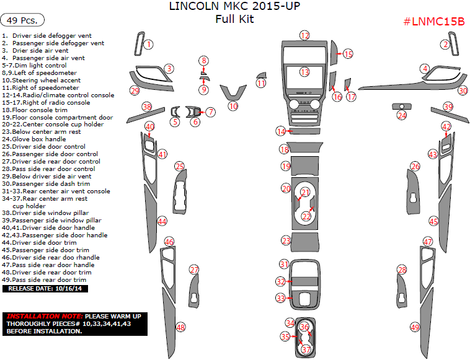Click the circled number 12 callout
pos(304,35)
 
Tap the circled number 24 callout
pos(402,115)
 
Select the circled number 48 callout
pos(180,327)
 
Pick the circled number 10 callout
pos(233,107)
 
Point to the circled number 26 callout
pos(415,167)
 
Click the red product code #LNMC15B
pos(434,22)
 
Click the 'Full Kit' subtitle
pos(234,19)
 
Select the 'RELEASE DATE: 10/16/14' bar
pos(45,288)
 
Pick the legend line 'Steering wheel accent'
pos(41,80)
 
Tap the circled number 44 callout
pos(162,221)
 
